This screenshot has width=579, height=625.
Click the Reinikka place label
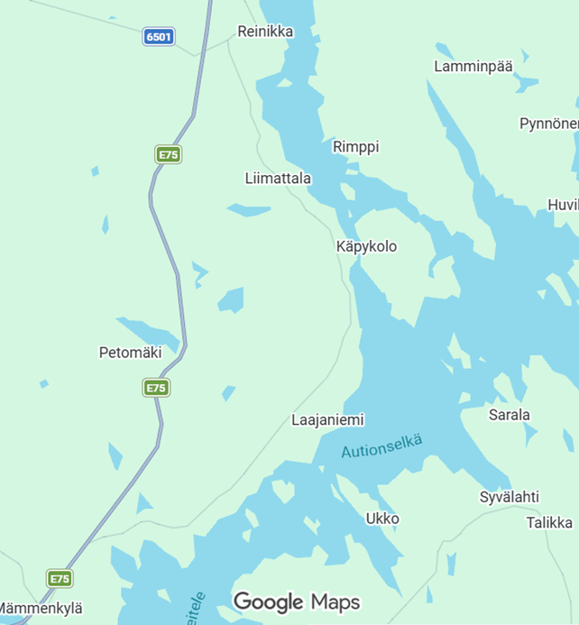pos(265,32)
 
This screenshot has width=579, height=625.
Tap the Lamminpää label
pos(473,66)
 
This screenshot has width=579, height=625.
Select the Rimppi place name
pos(356,146)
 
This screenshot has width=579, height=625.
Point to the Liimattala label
pos(278,179)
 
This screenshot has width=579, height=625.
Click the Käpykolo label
pos(366,246)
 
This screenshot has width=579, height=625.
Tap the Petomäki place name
pos(130,353)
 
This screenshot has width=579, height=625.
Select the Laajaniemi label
pos(328,420)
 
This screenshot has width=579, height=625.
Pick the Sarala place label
pos(510,415)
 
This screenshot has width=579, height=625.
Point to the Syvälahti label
pos(510,497)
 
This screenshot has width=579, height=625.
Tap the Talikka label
pos(549,522)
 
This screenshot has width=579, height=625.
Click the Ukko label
pos(382,519)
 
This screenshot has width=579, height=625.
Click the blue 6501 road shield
pos(159,37)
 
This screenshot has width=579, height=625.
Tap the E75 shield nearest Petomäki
pos(156,388)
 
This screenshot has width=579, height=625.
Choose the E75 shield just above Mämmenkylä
pos(60,578)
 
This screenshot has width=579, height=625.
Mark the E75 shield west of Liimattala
pos(168,154)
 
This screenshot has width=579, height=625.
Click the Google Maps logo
pos(297,602)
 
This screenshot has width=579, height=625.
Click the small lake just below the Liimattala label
pos(249,210)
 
